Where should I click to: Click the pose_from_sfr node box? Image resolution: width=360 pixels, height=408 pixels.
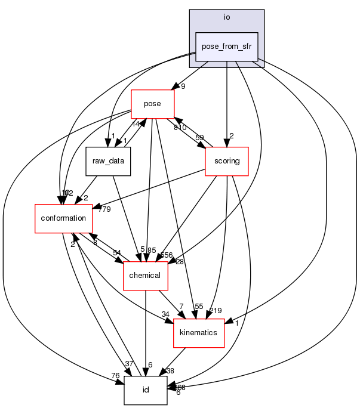[x=227, y=47]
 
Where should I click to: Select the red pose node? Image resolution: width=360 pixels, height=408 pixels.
[x=152, y=104]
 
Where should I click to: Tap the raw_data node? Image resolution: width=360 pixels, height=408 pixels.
[x=108, y=161]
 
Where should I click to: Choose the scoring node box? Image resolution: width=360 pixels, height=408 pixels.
[x=226, y=161]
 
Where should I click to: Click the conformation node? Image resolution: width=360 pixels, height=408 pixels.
[x=63, y=218]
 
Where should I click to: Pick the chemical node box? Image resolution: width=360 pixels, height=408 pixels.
[x=145, y=275]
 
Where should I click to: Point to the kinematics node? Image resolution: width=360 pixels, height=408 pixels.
[x=198, y=332]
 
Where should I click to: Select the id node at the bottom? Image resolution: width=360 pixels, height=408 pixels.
[x=145, y=390]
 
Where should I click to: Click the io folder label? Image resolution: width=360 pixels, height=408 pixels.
[x=227, y=17]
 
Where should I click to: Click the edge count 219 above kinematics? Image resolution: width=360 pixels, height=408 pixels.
[x=216, y=311]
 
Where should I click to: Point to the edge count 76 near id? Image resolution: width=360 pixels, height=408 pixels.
[x=115, y=375]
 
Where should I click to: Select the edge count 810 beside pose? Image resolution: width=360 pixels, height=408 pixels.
[x=180, y=128]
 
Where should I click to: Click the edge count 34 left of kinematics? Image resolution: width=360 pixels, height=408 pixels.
[x=165, y=315]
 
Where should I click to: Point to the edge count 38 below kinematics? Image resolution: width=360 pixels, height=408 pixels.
[x=170, y=370]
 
